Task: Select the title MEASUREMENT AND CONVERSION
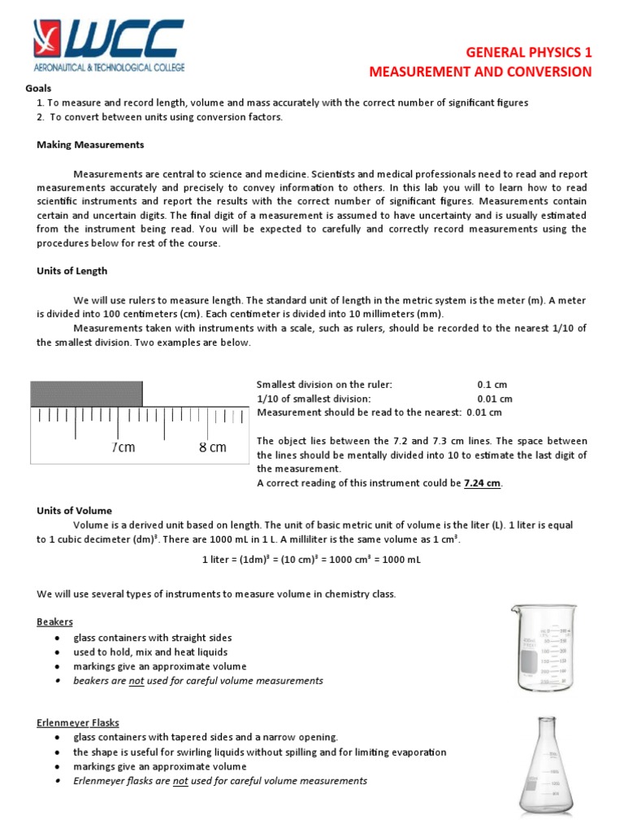coord(481,72)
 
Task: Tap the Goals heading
coord(38,88)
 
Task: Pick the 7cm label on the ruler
coord(123,447)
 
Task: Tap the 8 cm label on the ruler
coord(213,447)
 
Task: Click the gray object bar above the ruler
coord(86,394)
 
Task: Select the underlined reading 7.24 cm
coord(483,482)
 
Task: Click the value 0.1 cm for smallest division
coord(495,384)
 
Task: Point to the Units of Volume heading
coord(74,511)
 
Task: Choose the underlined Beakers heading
coord(54,621)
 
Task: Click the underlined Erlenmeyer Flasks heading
coord(78,722)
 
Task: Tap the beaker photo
coord(543,648)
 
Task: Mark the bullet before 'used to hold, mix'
coord(55,652)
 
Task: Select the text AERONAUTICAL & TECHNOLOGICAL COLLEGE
coord(109,64)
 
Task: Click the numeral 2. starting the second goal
coord(40,117)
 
